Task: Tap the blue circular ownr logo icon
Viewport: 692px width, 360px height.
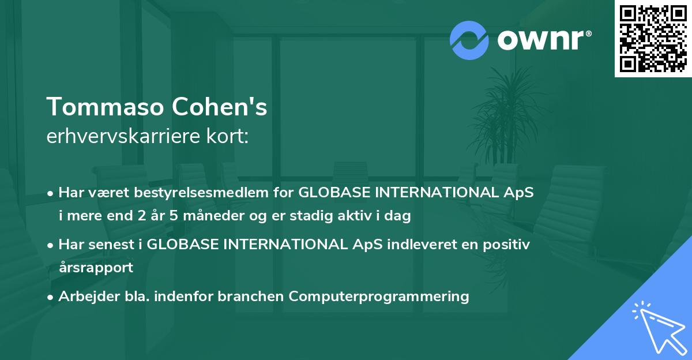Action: point(469,40)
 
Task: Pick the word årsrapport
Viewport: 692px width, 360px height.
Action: point(96,267)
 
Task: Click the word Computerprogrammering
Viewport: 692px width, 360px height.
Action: point(379,296)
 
